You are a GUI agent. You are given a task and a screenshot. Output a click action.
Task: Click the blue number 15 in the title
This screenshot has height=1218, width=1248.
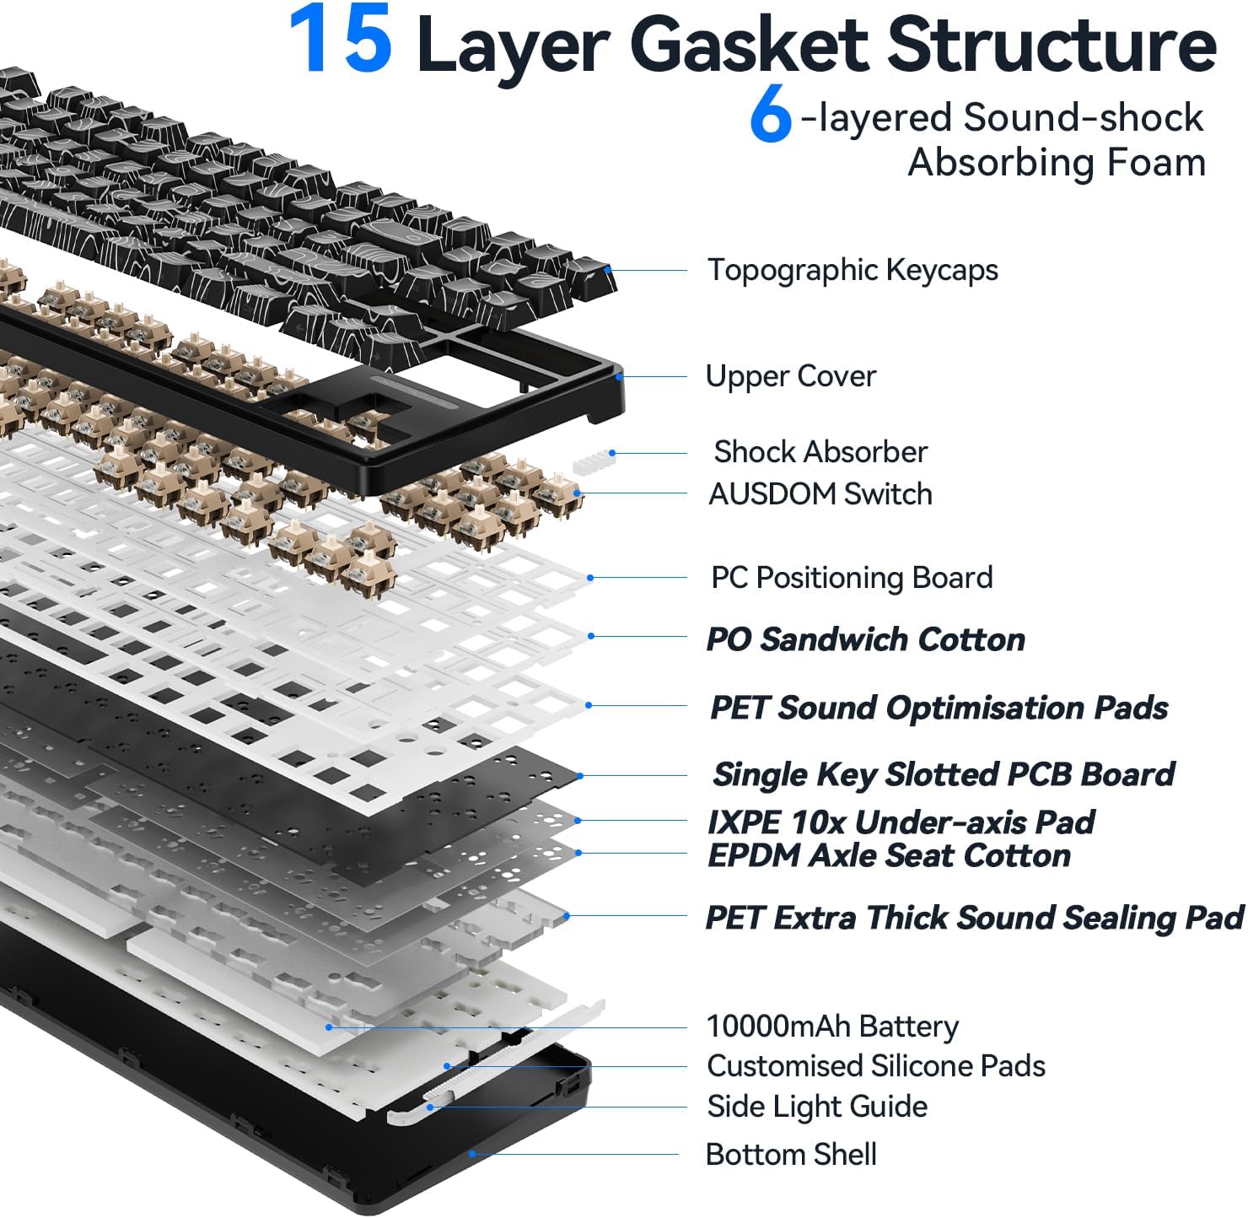pos(340,40)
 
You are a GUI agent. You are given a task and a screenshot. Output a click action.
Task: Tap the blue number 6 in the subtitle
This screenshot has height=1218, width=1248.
pos(770,116)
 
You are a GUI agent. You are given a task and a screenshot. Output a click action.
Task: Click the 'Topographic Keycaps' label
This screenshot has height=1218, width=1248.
pos(852,270)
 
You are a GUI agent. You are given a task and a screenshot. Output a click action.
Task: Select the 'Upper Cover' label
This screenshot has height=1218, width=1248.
pos(790,376)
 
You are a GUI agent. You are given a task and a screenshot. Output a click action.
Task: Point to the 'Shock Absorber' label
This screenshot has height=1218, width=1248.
pos(820,452)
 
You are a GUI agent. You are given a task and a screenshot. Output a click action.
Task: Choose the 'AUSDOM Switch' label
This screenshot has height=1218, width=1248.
pos(820,493)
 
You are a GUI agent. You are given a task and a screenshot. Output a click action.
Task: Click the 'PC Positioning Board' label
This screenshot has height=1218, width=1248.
pos(851,578)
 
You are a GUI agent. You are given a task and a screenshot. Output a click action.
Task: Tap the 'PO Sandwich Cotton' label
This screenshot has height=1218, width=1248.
pos(865,639)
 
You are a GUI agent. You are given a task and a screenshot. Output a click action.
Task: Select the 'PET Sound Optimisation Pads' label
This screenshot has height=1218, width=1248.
pos(939,708)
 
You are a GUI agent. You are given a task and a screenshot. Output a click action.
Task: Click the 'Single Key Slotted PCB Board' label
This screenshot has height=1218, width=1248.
pos(943,774)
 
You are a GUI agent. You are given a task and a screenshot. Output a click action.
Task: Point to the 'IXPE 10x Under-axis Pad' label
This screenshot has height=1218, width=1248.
pos(901,822)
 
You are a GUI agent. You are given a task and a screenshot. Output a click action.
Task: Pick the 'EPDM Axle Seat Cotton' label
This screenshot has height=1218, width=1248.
pos(889,855)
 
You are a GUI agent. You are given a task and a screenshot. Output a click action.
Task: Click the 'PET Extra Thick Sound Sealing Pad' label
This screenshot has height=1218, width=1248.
pos(974,918)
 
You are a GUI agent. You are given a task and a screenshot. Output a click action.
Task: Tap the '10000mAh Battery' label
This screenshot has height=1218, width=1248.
pos(831,1027)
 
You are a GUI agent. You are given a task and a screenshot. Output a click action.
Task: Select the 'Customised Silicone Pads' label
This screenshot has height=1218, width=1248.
pos(875,1066)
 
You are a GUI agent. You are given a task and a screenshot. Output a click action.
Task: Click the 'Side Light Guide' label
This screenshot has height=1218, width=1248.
pos(816,1107)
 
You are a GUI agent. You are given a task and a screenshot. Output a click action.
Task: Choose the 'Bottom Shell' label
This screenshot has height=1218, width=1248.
pos(790,1154)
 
